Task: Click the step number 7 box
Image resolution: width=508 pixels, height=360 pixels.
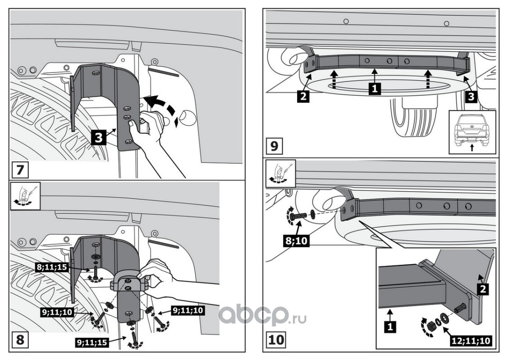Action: coord(20,170)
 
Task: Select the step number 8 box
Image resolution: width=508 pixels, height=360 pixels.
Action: coord(20,340)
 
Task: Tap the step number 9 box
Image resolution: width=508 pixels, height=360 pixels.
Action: coord(274,146)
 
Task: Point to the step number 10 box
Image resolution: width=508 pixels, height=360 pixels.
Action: coord(276,340)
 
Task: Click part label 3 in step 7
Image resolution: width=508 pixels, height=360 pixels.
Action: coord(98,138)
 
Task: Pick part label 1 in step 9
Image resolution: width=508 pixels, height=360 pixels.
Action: coord(374,88)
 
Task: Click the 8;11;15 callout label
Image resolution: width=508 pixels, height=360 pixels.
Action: coord(52,267)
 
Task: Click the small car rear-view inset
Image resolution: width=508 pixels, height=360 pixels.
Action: coord(472,132)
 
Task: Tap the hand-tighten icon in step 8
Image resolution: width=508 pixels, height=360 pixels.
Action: coord(25,196)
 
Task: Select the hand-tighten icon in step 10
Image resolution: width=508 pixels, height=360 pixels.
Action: coord(281,174)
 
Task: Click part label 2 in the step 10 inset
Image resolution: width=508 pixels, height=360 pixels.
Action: coord(483,288)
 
